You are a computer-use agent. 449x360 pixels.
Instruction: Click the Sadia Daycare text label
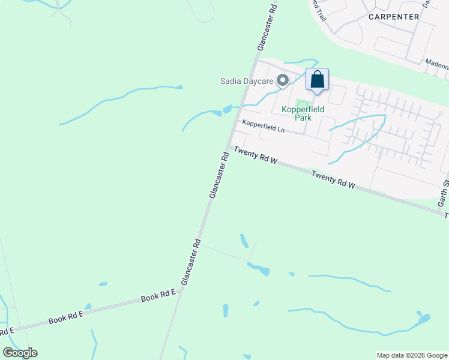(x=245, y=81)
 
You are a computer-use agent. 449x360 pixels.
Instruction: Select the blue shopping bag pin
(x=317, y=80)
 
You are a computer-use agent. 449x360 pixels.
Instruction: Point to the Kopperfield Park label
(x=303, y=113)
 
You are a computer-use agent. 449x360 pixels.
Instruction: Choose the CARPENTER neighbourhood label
(x=394, y=17)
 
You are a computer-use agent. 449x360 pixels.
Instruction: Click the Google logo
(x=20, y=353)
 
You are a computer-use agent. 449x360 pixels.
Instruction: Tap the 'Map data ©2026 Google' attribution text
(x=411, y=355)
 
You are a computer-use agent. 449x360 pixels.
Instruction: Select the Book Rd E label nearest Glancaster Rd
(x=158, y=296)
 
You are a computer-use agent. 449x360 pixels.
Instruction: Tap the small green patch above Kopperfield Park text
(x=301, y=104)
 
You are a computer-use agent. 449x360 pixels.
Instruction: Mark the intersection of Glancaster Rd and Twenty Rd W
(x=228, y=147)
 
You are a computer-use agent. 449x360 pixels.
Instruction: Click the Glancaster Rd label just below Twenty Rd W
(x=219, y=175)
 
